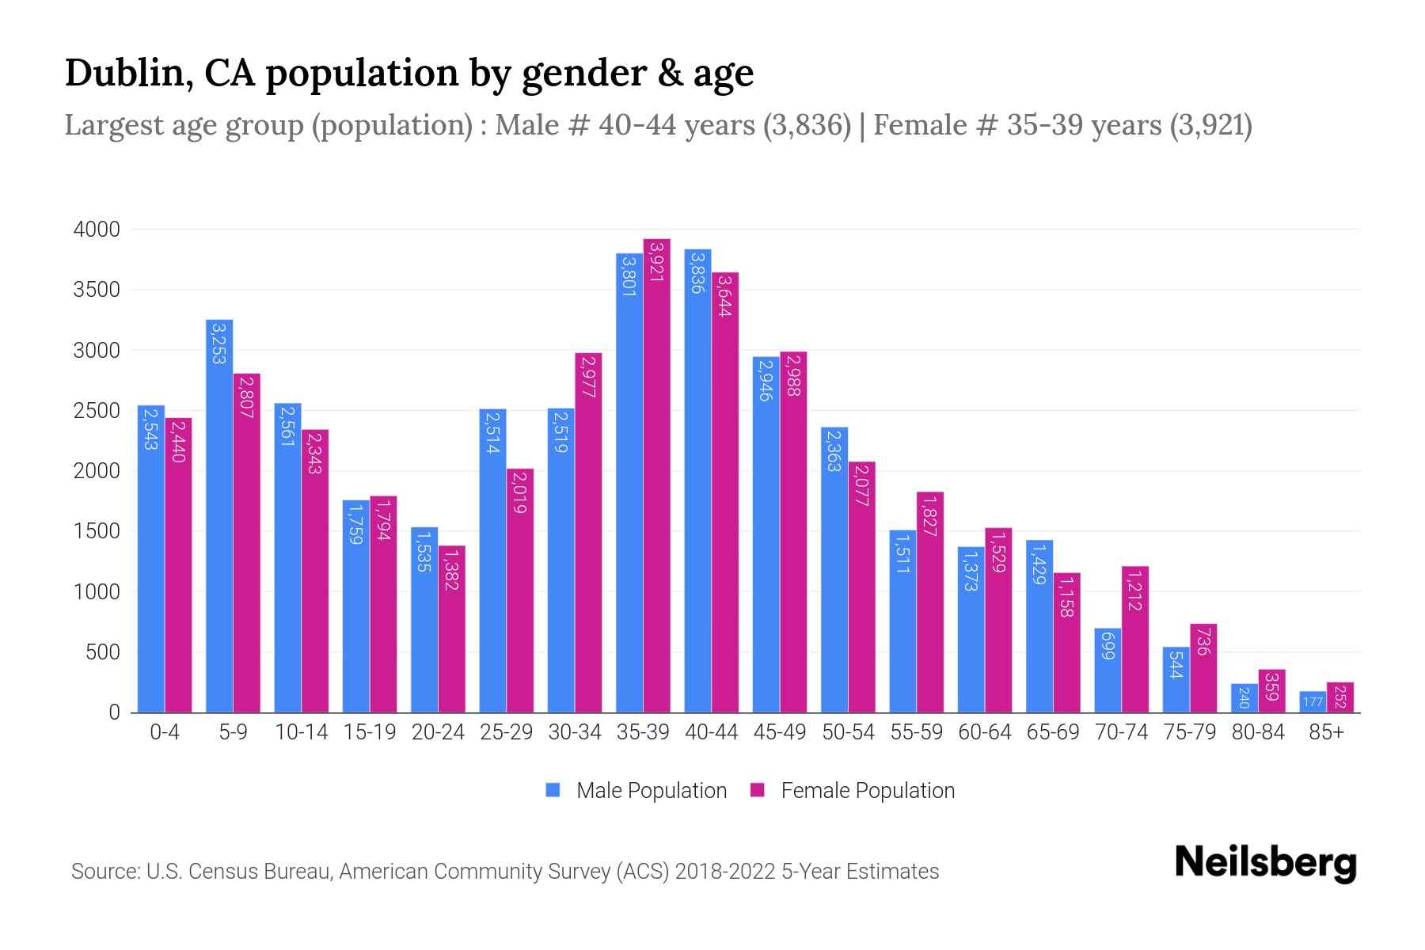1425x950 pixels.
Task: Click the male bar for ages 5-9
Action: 219,515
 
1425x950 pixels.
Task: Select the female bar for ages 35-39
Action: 656,475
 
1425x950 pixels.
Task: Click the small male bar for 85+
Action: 1313,702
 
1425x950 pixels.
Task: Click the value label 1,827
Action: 930,515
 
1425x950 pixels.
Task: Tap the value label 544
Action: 1176,663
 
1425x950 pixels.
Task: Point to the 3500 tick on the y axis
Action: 97,290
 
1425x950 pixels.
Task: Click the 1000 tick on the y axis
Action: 97,592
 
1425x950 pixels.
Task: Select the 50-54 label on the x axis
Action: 848,732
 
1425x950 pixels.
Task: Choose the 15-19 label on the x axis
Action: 370,732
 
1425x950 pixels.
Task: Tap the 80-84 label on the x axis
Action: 1258,732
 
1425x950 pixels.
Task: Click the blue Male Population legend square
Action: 553,790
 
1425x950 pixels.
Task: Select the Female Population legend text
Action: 868,790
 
